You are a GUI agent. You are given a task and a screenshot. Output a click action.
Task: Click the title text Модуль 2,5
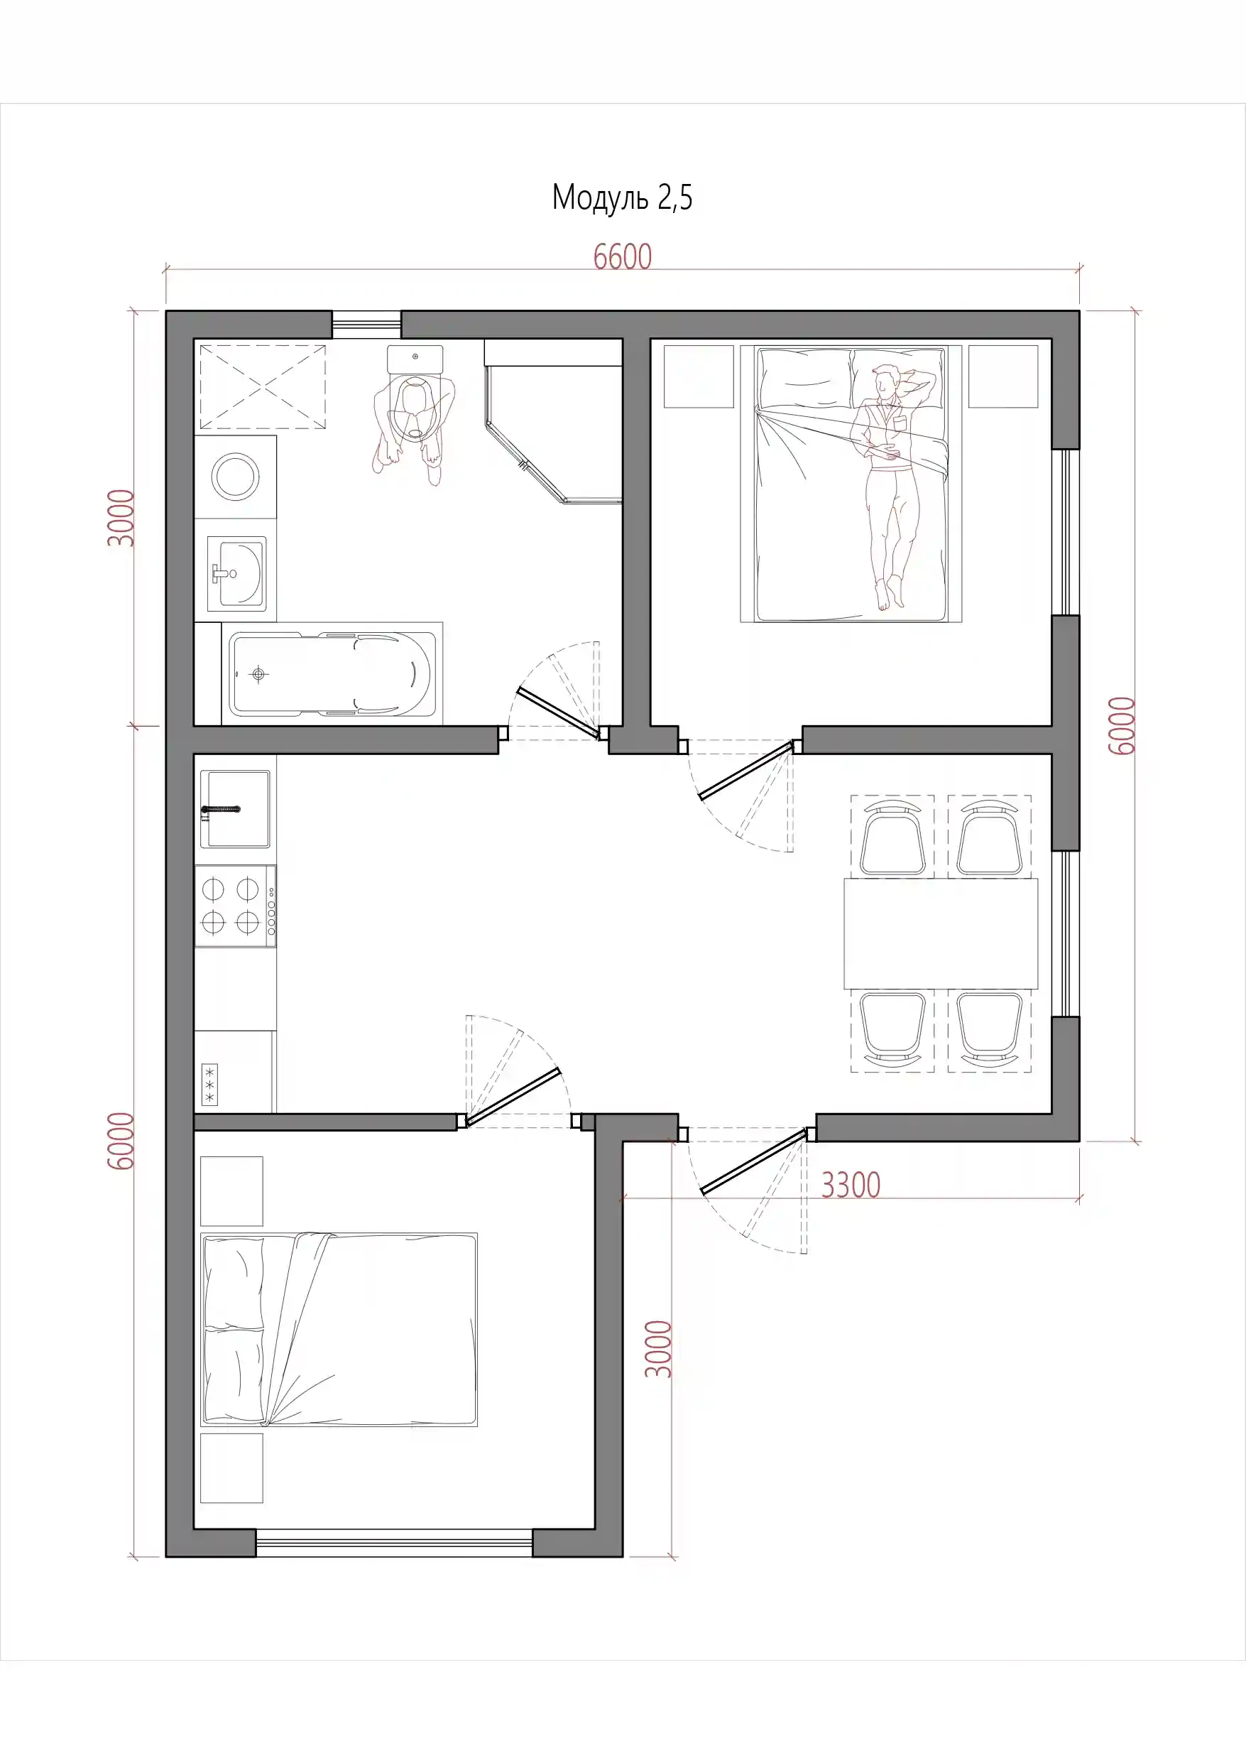pyautogui.click(x=622, y=198)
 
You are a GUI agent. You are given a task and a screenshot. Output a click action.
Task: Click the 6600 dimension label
pyautogui.click(x=623, y=256)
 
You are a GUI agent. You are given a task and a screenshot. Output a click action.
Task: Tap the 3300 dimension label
pyautogui.click(x=851, y=1185)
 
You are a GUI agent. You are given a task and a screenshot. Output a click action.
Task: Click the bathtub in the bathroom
pyautogui.click(x=332, y=673)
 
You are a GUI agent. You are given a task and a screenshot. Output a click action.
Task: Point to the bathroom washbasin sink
pyautogui.click(x=236, y=573)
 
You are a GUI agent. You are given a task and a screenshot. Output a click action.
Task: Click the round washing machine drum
pyautogui.click(x=235, y=476)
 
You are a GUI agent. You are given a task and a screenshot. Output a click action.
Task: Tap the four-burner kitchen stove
pyautogui.click(x=235, y=906)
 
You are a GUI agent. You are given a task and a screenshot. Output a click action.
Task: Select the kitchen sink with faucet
pyautogui.click(x=235, y=809)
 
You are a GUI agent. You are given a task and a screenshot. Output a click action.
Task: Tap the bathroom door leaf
pyautogui.click(x=557, y=712)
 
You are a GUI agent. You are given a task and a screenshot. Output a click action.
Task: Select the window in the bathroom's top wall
pyautogui.click(x=366, y=324)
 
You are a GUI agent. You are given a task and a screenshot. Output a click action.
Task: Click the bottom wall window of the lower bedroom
pyautogui.click(x=394, y=1543)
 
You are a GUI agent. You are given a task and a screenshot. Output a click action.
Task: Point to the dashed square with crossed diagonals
pyautogui.click(x=263, y=387)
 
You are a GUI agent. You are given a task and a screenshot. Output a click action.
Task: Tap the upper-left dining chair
pyautogui.click(x=892, y=837)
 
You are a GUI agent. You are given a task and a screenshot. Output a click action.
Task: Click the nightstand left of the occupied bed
pyautogui.click(x=699, y=376)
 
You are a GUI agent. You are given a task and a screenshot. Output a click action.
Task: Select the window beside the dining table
pyautogui.click(x=1066, y=934)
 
